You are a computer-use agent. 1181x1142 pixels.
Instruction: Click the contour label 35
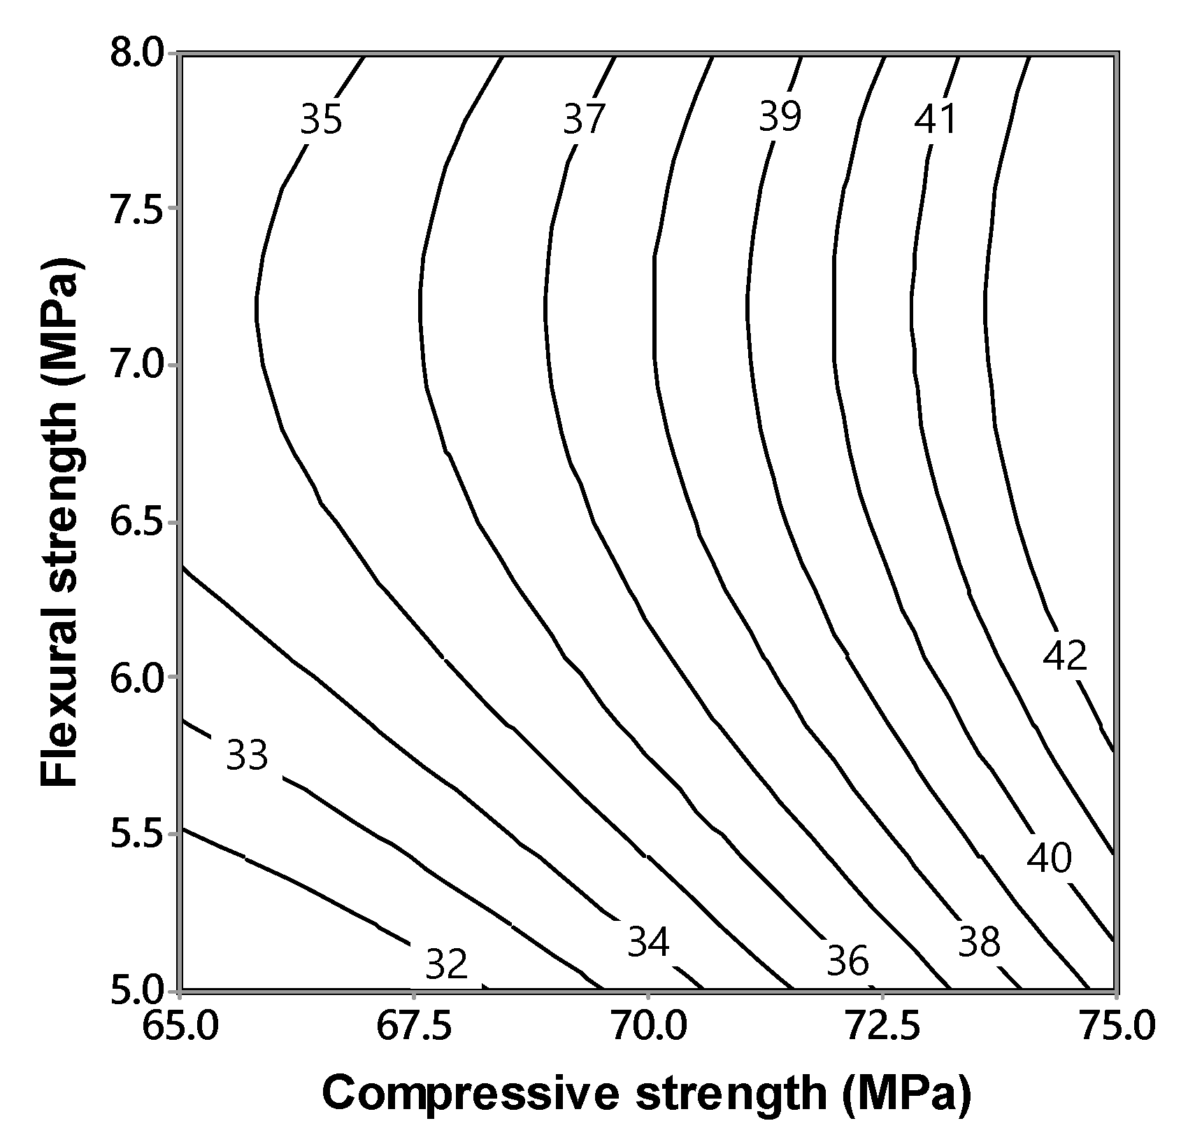[321, 120]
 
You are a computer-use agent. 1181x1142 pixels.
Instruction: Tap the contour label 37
[583, 120]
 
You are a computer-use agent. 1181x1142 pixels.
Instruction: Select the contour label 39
[780, 117]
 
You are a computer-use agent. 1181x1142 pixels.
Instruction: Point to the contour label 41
[935, 120]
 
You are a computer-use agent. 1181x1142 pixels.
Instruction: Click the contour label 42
[1065, 656]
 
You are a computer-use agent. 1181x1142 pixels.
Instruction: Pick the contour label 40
[1049, 859]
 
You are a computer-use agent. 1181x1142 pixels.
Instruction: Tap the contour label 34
[648, 942]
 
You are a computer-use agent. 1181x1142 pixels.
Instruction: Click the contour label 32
[446, 965]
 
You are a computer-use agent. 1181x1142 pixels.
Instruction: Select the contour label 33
[247, 756]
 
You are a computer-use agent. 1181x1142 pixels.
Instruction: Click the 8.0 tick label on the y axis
[136, 54]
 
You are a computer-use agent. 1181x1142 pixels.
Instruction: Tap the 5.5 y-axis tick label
[136, 835]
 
